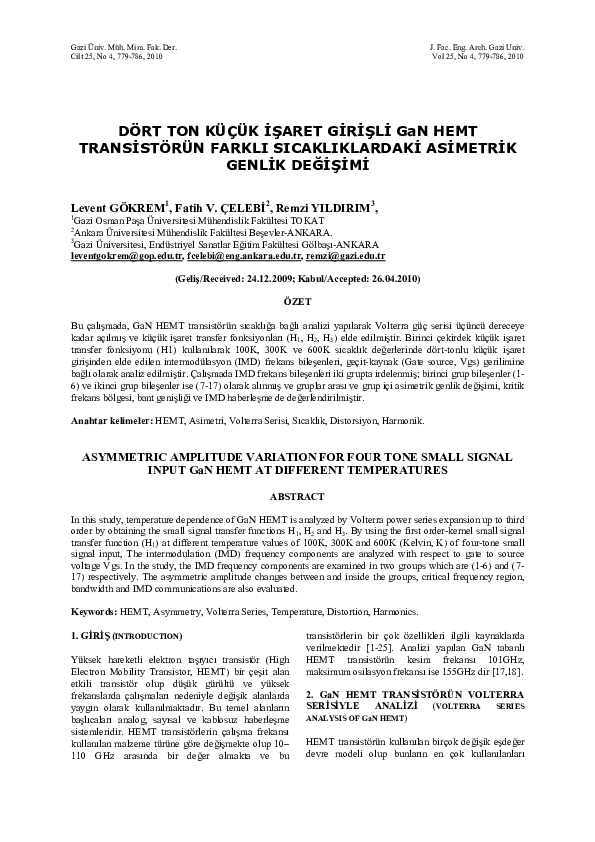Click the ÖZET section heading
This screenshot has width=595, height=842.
point(297,301)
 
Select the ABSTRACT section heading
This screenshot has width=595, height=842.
point(297,496)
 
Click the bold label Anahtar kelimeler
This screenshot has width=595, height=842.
point(107,420)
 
